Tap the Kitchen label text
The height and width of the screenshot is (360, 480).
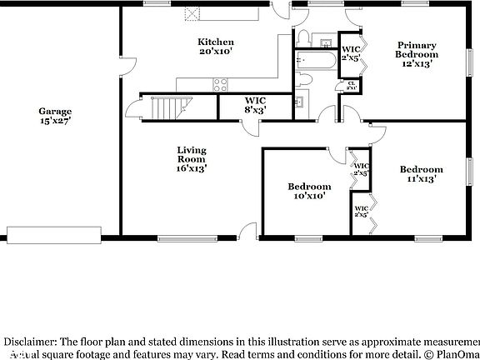(x=215, y=42)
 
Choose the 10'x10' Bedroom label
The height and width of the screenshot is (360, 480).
(x=309, y=187)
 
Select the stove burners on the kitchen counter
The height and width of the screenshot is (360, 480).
(x=222, y=83)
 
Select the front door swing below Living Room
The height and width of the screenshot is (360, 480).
(x=247, y=231)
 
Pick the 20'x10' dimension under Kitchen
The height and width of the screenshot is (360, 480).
(x=215, y=52)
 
